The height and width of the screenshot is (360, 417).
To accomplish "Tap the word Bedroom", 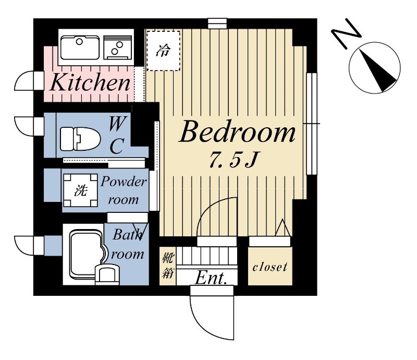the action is tap(237, 133).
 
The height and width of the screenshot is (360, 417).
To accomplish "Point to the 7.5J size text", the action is tap(232, 160).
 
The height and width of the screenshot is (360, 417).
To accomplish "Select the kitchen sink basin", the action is tap(80, 47).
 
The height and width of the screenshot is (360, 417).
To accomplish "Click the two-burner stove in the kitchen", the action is tap(117, 47).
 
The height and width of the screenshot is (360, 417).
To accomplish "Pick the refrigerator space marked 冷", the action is tap(163, 51).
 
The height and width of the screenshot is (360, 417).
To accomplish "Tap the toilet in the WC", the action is tap(80, 139).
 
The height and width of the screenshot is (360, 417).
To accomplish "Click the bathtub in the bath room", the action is tap(87, 254).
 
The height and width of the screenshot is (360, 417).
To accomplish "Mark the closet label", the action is tap(270, 267).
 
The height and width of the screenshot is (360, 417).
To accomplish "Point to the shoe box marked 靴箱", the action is tap(168, 266).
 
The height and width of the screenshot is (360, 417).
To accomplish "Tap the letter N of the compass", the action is tap(346, 34).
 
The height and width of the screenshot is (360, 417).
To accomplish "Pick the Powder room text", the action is tap(124, 190).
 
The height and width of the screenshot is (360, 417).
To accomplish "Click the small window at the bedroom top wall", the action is tap(217, 23).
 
